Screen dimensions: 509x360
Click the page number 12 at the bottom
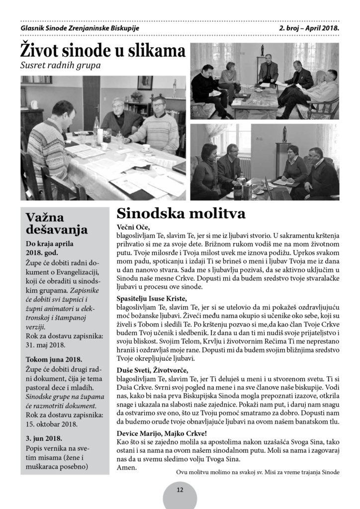pos(180,490)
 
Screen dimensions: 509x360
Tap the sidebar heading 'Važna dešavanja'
pos(57,223)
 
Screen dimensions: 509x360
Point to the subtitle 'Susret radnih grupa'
pos(61,66)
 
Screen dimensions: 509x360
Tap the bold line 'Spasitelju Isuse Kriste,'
pos(152,298)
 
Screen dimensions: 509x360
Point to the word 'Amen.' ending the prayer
pos(126,468)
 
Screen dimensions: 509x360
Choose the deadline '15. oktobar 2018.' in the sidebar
pos(54,425)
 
